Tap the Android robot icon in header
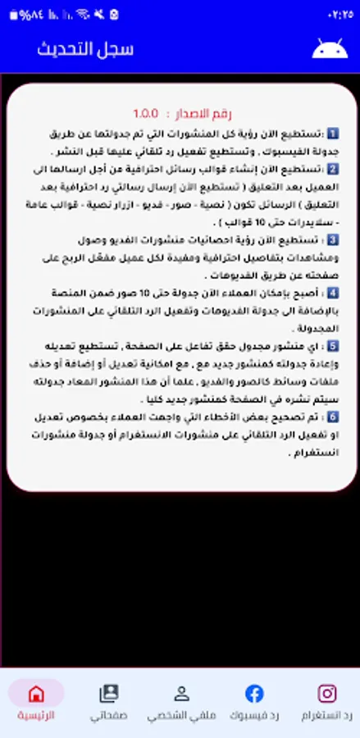pyautogui.click(x=330, y=48)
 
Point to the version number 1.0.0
pyautogui.click(x=148, y=113)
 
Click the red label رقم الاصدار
pyautogui.click(x=201, y=113)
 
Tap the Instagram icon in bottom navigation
pyautogui.click(x=326, y=694)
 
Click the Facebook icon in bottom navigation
pyautogui.click(x=254, y=694)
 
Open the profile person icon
pyautogui.click(x=182, y=694)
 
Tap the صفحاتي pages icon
pyautogui.click(x=109, y=694)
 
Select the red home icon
pyautogui.click(x=36, y=694)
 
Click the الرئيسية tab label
pyautogui.click(x=36, y=715)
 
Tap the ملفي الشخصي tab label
pyautogui.click(x=182, y=715)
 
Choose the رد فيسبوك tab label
pyautogui.click(x=254, y=715)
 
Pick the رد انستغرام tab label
pyautogui.click(x=326, y=715)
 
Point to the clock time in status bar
pyautogui.click(x=338, y=14)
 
